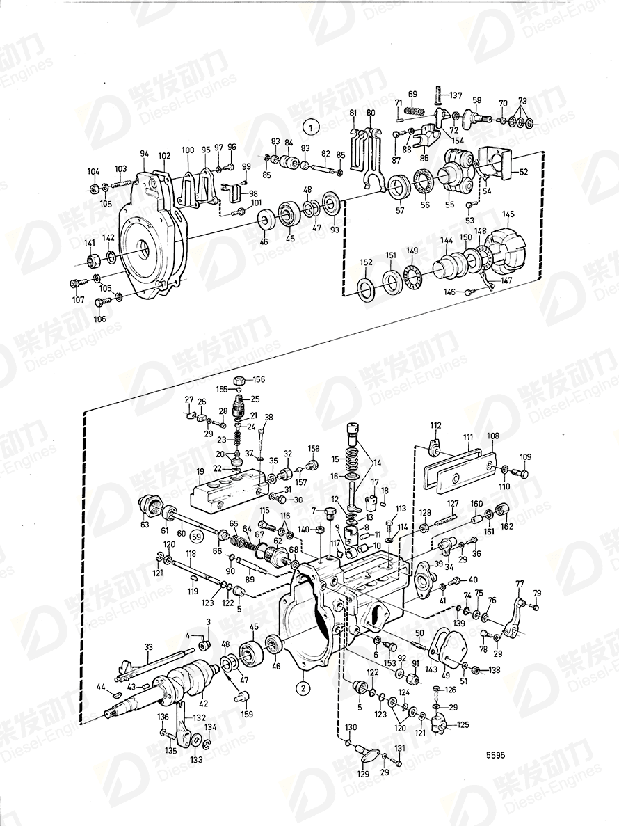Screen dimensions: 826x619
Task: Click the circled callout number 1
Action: point(311,127)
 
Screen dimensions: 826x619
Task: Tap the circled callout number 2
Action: point(303,688)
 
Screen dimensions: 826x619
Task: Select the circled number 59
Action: point(196,537)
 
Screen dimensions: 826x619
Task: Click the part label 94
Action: point(145,153)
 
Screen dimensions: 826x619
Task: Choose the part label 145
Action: point(509,214)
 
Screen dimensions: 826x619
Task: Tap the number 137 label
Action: point(455,95)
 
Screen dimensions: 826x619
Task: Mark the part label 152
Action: point(366,262)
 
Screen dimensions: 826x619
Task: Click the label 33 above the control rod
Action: point(147,647)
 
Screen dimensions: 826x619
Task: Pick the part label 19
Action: point(200,471)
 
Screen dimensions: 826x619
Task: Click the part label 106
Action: point(101,319)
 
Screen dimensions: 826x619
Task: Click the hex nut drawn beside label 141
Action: point(90,261)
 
